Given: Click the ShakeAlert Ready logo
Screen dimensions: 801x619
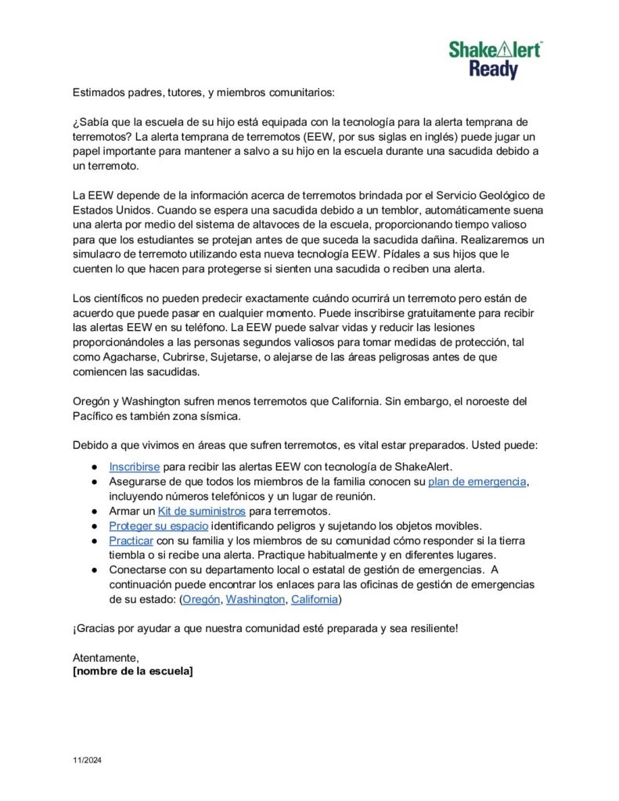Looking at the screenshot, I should [495, 60].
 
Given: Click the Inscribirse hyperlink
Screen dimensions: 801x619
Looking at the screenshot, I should [135, 467].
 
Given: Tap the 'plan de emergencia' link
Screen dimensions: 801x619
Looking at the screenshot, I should [477, 481].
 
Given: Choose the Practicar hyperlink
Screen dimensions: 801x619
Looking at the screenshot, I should [131, 541].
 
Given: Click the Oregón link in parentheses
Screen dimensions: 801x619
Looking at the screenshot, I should [201, 600].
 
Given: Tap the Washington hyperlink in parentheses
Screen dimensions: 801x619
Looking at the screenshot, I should [255, 600].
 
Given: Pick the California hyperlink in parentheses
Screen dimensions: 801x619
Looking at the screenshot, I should [315, 600].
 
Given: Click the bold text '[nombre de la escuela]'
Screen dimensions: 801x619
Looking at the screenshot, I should [133, 671].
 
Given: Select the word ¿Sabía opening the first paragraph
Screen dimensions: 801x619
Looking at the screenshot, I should [92, 122].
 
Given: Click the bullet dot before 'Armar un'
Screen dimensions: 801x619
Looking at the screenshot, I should [93, 511].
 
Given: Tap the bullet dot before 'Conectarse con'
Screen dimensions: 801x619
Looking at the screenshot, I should [93, 570].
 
